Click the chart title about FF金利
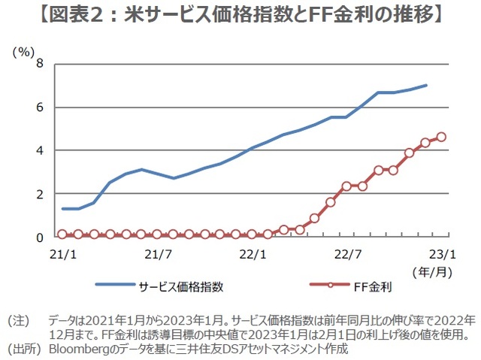240,16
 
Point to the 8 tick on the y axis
39,65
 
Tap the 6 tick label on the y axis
39,107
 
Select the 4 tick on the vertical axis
39,150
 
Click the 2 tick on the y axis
39,194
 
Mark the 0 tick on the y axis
39,237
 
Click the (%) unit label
23,52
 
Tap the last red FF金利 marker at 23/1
441,137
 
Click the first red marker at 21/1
62,234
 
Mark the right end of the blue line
426,85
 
